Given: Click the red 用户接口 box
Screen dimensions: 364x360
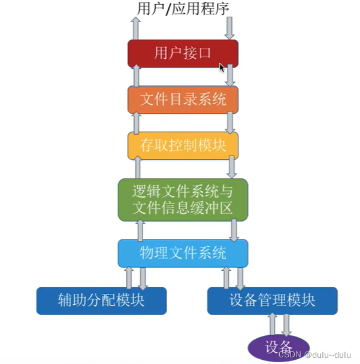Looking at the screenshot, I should [x=183, y=53].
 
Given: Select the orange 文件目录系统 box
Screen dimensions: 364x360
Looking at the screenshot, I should [x=183, y=99].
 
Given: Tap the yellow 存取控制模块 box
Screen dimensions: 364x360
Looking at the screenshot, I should [x=183, y=145].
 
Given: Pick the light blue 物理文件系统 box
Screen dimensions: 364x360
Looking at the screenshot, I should [x=183, y=253].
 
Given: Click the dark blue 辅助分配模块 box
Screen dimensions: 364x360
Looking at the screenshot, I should [x=101, y=301].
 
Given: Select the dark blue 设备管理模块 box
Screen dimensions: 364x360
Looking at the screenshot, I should [x=272, y=301].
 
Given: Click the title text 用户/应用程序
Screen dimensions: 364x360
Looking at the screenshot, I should [x=183, y=8].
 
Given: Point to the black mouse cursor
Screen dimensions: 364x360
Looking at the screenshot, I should [x=222, y=68].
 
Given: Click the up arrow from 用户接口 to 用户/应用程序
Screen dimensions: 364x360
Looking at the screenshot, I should [x=136, y=29].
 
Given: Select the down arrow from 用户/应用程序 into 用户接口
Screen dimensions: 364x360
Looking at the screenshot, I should [x=230, y=29].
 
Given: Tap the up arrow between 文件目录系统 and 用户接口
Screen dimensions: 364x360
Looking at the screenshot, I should [x=136, y=76].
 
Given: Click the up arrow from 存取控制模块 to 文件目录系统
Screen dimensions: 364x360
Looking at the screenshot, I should [x=136, y=123].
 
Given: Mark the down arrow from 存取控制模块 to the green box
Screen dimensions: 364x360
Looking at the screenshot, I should [x=232, y=168].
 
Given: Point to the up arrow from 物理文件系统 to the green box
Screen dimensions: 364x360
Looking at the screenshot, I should [x=141, y=229].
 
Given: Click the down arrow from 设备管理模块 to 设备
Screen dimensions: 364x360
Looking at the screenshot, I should [x=287, y=325].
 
